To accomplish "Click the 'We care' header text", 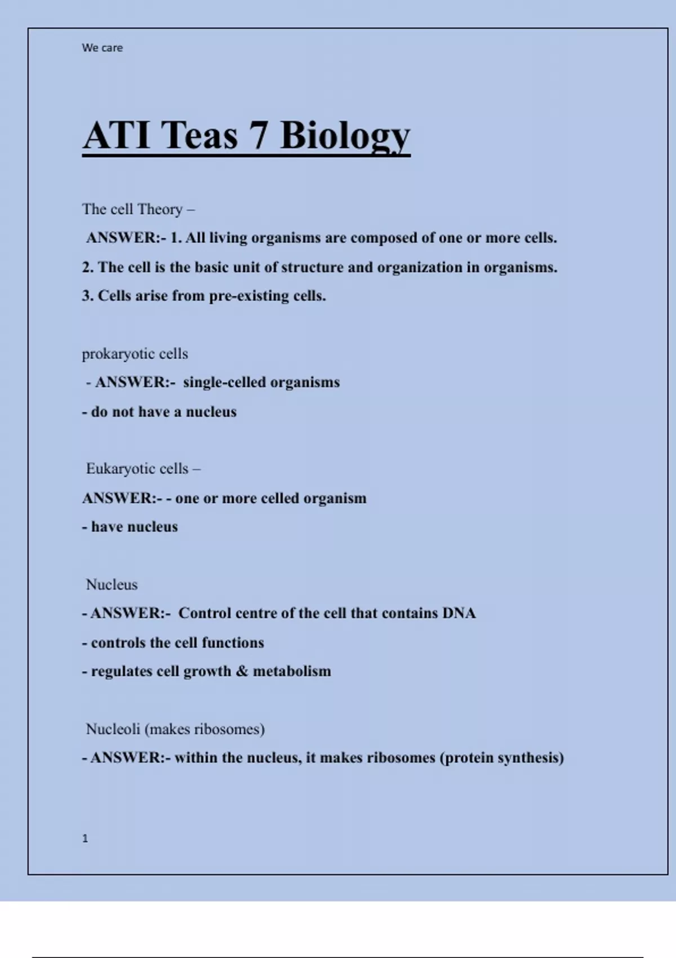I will pyautogui.click(x=102, y=48).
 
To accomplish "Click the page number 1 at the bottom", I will pyautogui.click(x=85, y=839).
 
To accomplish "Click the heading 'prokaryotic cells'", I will pyautogui.click(x=135, y=354).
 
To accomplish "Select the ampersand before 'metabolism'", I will pyautogui.click(x=242, y=671).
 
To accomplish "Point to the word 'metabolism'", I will pyautogui.click(x=292, y=671).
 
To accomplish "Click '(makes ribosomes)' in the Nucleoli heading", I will pyautogui.click(x=204, y=729).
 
